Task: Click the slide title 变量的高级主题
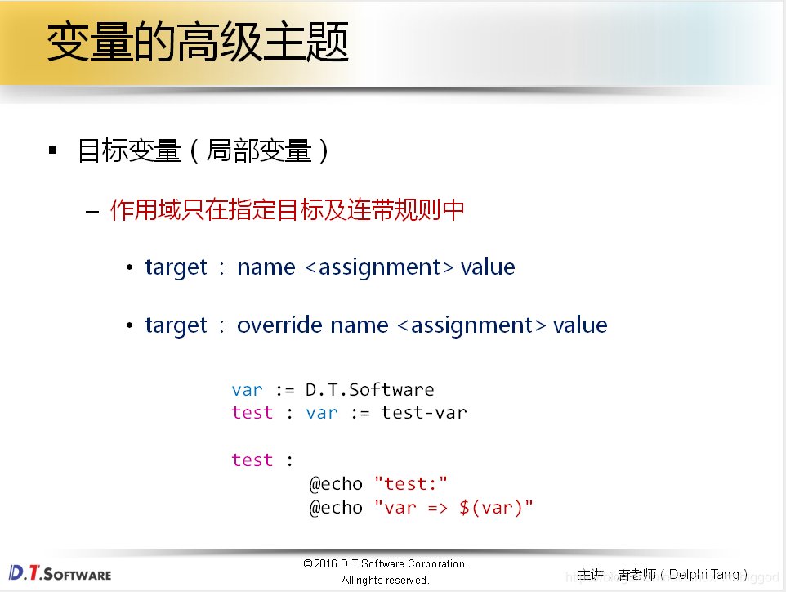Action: coord(198,43)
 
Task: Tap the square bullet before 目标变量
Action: coord(54,150)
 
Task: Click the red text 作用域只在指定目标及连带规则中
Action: coord(288,210)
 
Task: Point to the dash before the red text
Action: coord(92,211)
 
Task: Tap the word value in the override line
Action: coord(580,325)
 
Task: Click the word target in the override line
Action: coord(176,325)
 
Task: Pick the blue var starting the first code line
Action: coord(247,389)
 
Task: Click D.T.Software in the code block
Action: coord(369,389)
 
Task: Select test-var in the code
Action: coord(423,413)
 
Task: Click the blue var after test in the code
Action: coord(322,413)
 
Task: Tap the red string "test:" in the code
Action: coord(411,484)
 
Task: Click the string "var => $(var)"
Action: coord(453,508)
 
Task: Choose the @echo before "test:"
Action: coord(335,484)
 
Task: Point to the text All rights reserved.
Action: coord(385,580)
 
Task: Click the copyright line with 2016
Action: coord(385,563)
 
